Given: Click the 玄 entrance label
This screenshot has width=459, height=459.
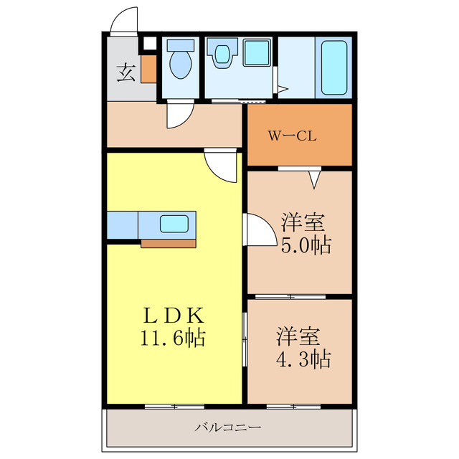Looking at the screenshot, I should [126, 72].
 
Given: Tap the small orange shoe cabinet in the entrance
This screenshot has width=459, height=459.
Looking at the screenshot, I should [148, 69].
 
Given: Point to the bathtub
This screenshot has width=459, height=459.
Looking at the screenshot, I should [335, 67].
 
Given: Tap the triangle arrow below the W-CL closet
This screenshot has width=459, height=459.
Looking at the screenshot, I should [314, 178].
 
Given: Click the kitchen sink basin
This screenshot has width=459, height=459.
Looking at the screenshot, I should [174, 224].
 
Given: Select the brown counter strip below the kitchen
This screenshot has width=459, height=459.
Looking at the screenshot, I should [169, 243].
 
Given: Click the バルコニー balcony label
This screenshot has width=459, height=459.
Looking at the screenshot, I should [228, 427].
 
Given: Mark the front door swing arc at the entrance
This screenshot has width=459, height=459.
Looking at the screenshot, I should [123, 20].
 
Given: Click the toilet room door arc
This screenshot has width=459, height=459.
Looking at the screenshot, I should [179, 115].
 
